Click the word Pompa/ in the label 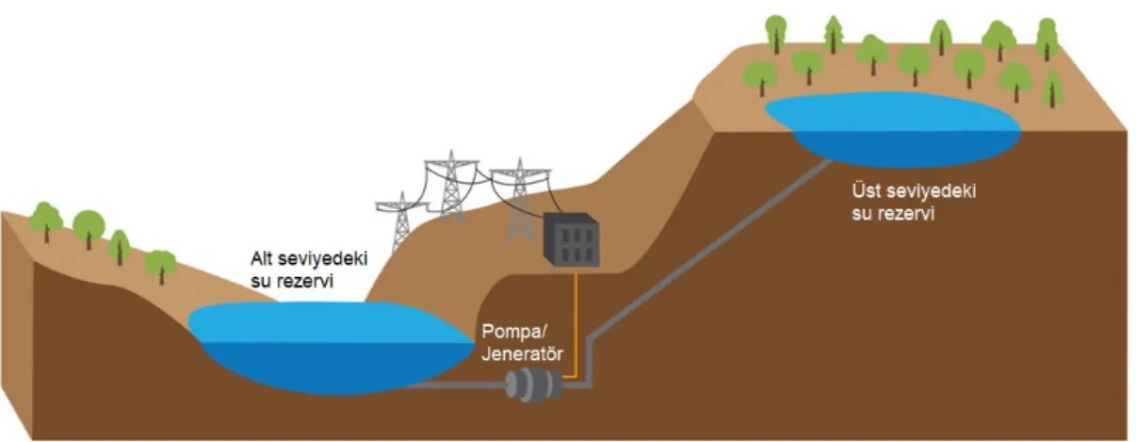[514, 332]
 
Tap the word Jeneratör [523, 353]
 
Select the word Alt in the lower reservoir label [262, 258]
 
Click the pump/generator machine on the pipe [534, 385]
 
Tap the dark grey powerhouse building [571, 239]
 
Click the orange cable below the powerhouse [576, 325]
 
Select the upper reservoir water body [893, 129]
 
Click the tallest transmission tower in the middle [451, 187]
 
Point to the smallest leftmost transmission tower [401, 221]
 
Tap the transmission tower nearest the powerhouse [520, 200]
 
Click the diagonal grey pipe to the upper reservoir [711, 249]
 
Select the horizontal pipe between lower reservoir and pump [459, 385]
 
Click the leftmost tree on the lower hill [45, 221]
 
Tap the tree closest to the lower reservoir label [161, 266]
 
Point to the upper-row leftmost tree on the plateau [775, 34]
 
